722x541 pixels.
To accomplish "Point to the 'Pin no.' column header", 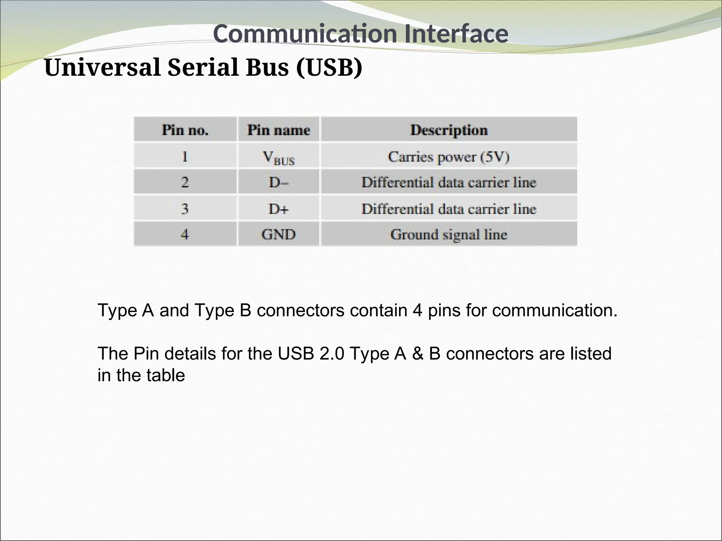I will [185, 130].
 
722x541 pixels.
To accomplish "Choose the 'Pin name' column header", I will [279, 130].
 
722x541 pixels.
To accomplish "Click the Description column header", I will [449, 130].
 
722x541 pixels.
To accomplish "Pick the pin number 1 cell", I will [185, 156].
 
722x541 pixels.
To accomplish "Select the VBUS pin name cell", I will [279, 157].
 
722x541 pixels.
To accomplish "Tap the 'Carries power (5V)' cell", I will [449, 157].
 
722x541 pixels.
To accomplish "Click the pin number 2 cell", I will [185, 182].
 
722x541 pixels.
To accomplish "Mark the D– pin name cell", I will [279, 182].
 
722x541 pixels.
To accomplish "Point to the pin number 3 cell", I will [185, 209].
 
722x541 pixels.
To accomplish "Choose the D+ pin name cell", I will [279, 209].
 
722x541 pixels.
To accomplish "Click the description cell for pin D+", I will [449, 209].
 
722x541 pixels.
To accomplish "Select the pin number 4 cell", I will [185, 234].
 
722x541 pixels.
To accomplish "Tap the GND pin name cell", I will [279, 234].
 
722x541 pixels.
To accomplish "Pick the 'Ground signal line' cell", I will [449, 234].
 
